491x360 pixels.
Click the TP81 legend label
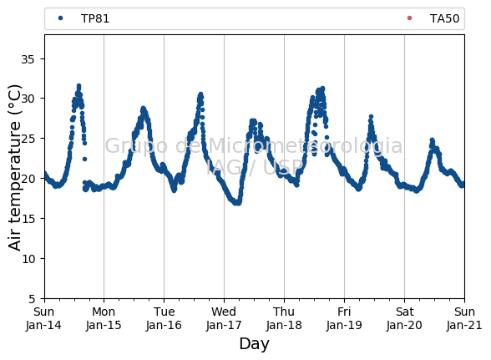click(95, 18)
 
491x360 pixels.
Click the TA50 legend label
click(444, 18)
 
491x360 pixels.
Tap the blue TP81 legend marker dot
click(60, 18)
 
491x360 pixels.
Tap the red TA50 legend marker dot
click(409, 18)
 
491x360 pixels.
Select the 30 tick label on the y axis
click(28, 99)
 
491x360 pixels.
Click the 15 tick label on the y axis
click(28, 219)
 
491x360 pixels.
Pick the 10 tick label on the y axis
click(28, 259)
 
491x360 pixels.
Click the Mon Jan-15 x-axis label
click(104, 318)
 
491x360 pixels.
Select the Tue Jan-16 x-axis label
click(164, 318)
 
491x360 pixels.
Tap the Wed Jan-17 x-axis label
click(224, 318)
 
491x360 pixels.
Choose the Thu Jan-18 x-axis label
click(284, 318)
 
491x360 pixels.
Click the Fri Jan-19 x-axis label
click(344, 318)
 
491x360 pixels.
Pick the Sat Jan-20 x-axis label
click(404, 318)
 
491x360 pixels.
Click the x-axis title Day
click(254, 344)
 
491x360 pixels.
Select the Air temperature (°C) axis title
click(14, 168)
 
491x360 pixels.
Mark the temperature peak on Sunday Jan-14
click(78, 85)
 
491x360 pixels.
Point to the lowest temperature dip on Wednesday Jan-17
click(238, 203)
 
